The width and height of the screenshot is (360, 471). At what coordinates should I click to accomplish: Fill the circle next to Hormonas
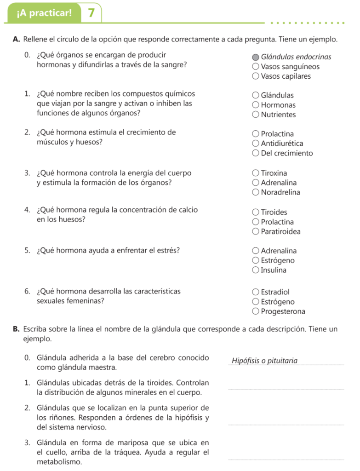tap(256, 105)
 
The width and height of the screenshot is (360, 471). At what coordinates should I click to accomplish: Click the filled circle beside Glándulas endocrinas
tap(256, 57)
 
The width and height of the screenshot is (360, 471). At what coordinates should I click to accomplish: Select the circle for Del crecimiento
tap(256, 153)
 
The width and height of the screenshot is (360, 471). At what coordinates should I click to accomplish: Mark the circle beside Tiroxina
tap(256, 173)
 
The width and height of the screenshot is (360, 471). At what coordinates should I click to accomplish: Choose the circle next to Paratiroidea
tap(256, 231)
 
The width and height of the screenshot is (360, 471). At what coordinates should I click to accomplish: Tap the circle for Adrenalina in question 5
tap(256, 251)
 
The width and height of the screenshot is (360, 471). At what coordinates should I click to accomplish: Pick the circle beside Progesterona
tap(256, 311)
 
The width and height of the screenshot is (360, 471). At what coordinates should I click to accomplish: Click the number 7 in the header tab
tap(91, 13)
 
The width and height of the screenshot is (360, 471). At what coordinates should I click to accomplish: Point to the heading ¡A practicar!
tap(44, 13)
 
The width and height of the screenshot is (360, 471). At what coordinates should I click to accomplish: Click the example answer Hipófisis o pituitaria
tap(264, 360)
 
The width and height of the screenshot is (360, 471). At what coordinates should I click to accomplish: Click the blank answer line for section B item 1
tap(286, 389)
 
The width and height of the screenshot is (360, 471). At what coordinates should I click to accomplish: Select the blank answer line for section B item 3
tap(286, 459)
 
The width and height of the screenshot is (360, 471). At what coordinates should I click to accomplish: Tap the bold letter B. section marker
tap(16, 329)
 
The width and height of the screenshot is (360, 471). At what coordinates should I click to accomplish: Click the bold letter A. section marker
tap(16, 40)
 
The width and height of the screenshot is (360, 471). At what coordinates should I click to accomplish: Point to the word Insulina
tap(274, 270)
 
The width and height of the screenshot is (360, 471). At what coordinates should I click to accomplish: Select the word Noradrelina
tap(280, 192)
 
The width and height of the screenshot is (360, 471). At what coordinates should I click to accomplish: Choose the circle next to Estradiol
tap(256, 292)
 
